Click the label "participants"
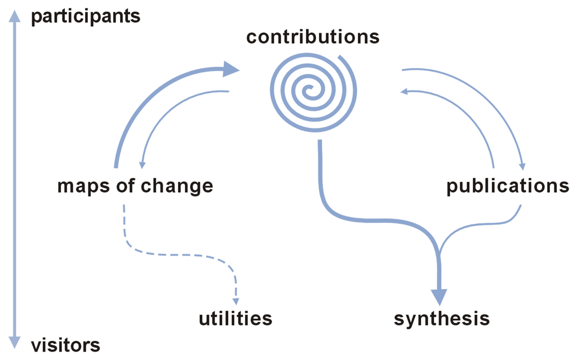coord(85,16)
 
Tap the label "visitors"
coord(65,344)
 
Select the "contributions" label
coord(313,37)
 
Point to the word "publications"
coord(508,186)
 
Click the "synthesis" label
coord(441,319)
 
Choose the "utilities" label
coord(235,319)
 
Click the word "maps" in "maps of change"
coord(82,186)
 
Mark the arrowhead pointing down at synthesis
coord(440,296)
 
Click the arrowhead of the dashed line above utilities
coord(236,300)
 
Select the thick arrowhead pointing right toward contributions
coord(231,69)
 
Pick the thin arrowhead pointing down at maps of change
coord(141,164)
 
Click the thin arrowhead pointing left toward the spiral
coord(405,92)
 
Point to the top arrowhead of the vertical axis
coord(16,17)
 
